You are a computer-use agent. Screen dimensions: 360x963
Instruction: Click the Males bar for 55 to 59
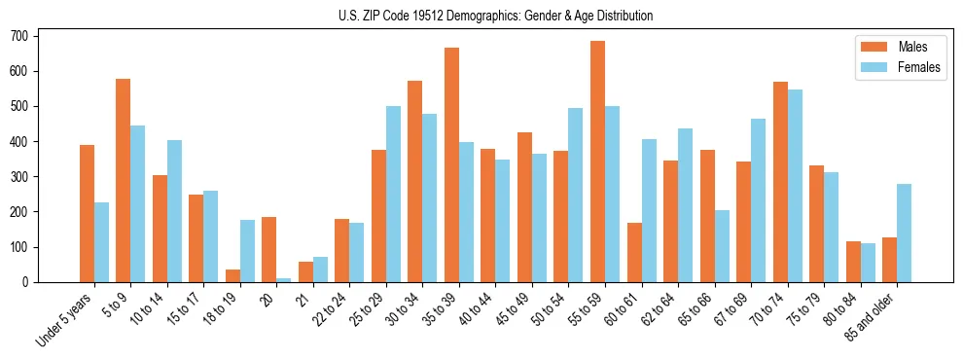(597, 162)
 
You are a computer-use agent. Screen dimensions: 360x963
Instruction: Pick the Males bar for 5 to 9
(124, 180)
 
